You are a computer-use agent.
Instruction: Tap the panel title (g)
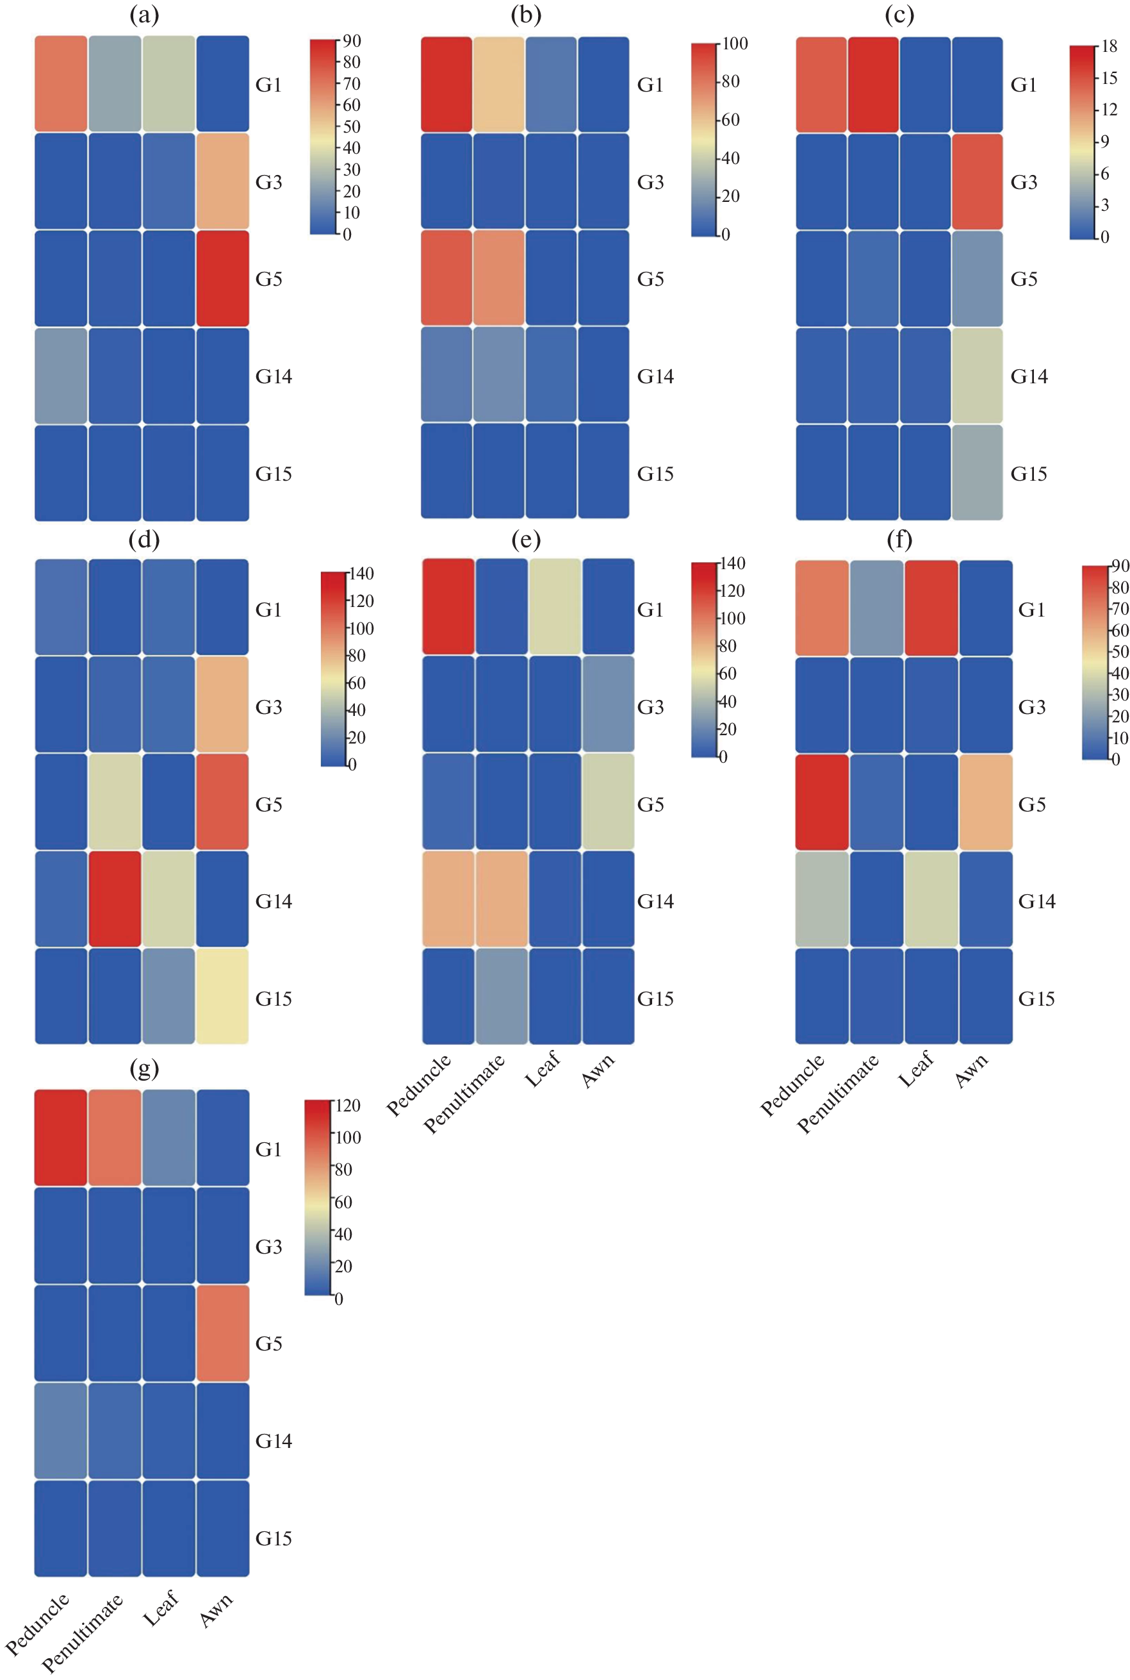click(144, 1069)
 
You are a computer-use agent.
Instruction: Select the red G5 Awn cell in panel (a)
click(223, 278)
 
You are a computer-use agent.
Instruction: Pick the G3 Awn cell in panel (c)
click(978, 181)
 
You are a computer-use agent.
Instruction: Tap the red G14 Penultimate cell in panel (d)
click(115, 899)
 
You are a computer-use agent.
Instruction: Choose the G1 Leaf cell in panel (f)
click(931, 608)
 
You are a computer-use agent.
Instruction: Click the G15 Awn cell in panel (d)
click(223, 995)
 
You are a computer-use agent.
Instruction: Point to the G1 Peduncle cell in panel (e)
click(448, 606)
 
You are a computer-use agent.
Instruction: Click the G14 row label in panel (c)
click(1029, 376)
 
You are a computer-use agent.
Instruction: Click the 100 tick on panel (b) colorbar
click(734, 44)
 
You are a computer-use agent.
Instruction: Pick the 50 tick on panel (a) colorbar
click(351, 127)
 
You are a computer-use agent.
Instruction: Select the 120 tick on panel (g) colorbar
click(347, 1105)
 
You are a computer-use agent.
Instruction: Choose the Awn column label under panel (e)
click(598, 1070)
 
